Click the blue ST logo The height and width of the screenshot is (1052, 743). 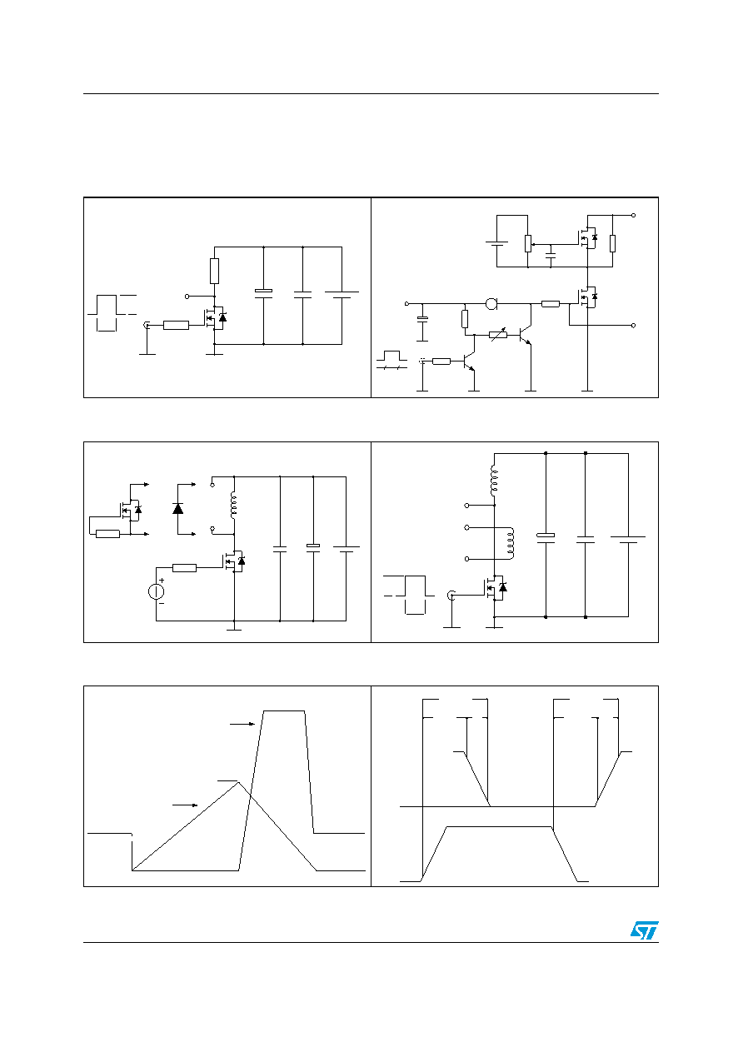[x=644, y=930]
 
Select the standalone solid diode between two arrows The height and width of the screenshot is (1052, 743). [x=178, y=508]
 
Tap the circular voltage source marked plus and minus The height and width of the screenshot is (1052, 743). [x=156, y=591]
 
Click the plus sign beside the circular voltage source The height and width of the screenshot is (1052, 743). [x=162, y=581]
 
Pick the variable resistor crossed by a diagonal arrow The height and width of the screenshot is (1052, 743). [x=498, y=335]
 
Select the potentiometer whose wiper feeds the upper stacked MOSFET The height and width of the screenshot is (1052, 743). [x=528, y=244]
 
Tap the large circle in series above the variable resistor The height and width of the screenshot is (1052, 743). [x=491, y=304]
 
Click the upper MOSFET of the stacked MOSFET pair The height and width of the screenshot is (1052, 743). [x=587, y=238]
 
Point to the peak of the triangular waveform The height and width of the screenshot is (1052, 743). [x=238, y=782]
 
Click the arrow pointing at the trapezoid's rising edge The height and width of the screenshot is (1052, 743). [x=242, y=724]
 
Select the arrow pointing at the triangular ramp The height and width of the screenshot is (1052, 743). [x=185, y=805]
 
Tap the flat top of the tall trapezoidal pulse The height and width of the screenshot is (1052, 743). [x=284, y=711]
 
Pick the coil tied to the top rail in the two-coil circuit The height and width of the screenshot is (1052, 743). [x=493, y=481]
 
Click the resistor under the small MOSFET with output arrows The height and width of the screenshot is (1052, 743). [x=107, y=534]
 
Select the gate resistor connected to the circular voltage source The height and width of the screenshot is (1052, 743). [x=185, y=568]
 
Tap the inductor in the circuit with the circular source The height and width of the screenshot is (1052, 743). [x=233, y=506]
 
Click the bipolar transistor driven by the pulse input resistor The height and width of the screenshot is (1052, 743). [x=469, y=361]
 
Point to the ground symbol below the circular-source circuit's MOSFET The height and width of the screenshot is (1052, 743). [x=234, y=628]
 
